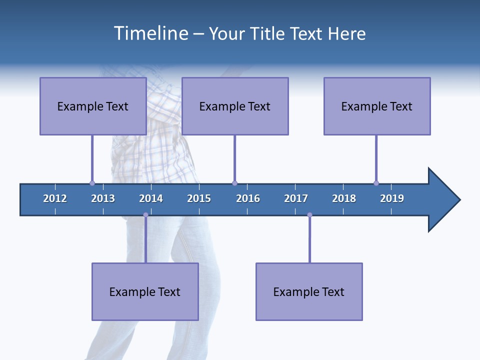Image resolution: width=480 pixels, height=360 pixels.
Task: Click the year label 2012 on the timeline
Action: pos(55,198)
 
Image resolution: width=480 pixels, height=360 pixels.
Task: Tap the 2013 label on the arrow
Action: pos(103,198)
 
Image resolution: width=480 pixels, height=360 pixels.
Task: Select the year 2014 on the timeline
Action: pos(151,198)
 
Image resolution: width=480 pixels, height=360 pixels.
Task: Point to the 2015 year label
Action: pos(199,198)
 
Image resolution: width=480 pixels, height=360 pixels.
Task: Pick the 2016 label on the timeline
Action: pos(248,198)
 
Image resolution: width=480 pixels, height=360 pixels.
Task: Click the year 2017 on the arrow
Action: pos(296,198)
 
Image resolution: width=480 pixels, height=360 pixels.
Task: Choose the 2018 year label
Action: pos(344,198)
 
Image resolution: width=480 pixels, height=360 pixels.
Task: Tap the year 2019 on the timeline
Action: pos(392,198)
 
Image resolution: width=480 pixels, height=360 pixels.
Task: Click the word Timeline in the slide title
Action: pos(150,33)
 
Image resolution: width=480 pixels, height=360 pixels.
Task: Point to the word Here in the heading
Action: pos(346,33)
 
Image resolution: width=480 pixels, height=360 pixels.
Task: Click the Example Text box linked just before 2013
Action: pos(93,106)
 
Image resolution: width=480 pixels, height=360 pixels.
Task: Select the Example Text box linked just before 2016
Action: pos(235,106)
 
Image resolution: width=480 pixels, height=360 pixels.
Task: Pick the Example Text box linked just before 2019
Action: pos(377,106)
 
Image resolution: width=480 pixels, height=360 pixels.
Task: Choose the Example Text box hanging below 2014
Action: pos(145,291)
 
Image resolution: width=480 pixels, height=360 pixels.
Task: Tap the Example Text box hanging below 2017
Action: pos(309,291)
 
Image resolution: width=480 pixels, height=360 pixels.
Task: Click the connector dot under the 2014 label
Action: pos(145,215)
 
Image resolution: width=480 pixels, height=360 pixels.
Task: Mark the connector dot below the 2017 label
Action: pos(309,215)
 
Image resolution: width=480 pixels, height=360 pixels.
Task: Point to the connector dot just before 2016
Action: pos(234,183)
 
